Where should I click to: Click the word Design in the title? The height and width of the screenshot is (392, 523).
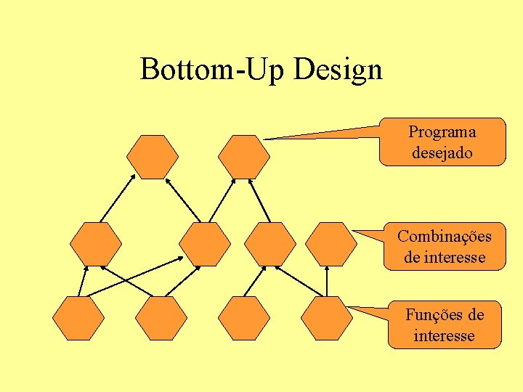point(338,70)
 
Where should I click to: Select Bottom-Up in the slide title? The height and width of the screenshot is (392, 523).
point(215,70)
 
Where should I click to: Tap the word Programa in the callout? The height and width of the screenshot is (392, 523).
point(442,131)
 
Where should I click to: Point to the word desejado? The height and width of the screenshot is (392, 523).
point(442,152)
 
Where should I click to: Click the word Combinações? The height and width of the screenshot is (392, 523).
point(444,236)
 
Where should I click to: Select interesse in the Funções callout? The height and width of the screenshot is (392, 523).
point(444,335)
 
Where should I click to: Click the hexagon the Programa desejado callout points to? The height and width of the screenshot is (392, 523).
point(244,157)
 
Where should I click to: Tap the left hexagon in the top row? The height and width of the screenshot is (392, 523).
point(153,157)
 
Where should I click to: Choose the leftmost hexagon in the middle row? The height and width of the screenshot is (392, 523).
point(96,244)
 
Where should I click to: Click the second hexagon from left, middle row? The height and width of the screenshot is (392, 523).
point(205,244)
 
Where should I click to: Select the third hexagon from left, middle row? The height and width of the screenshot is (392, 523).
point(270,244)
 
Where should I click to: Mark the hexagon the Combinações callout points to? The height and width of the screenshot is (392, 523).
point(331,244)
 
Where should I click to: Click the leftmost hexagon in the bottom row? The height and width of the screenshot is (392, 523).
point(78,318)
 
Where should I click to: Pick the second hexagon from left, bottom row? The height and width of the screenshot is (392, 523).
point(161,318)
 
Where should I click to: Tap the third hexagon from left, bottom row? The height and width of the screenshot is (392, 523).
point(244,318)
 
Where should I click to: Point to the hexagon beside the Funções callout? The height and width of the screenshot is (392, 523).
point(327,318)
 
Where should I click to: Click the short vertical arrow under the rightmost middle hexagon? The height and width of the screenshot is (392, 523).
point(327,282)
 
